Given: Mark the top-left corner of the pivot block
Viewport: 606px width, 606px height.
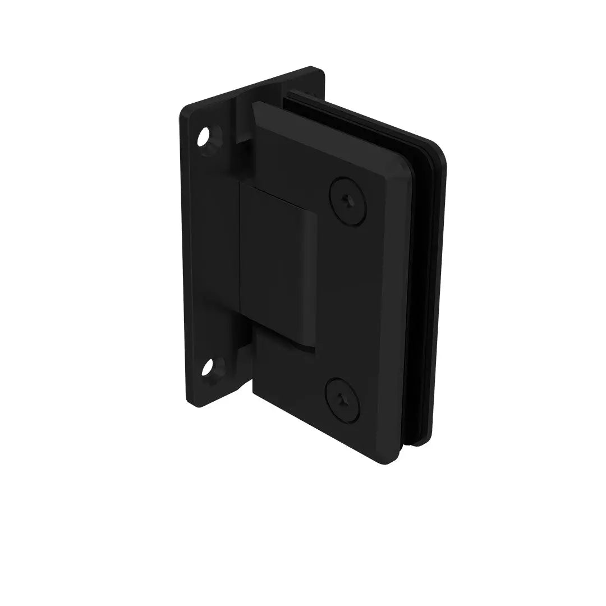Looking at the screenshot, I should coord(242,185).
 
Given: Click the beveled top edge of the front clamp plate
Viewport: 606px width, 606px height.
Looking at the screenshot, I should coord(314,121).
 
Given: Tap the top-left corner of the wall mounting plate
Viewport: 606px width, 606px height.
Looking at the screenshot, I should coord(183,108).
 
